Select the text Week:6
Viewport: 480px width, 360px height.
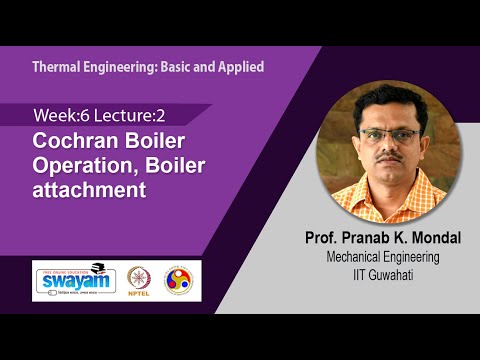pyautogui.click(x=57, y=116)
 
